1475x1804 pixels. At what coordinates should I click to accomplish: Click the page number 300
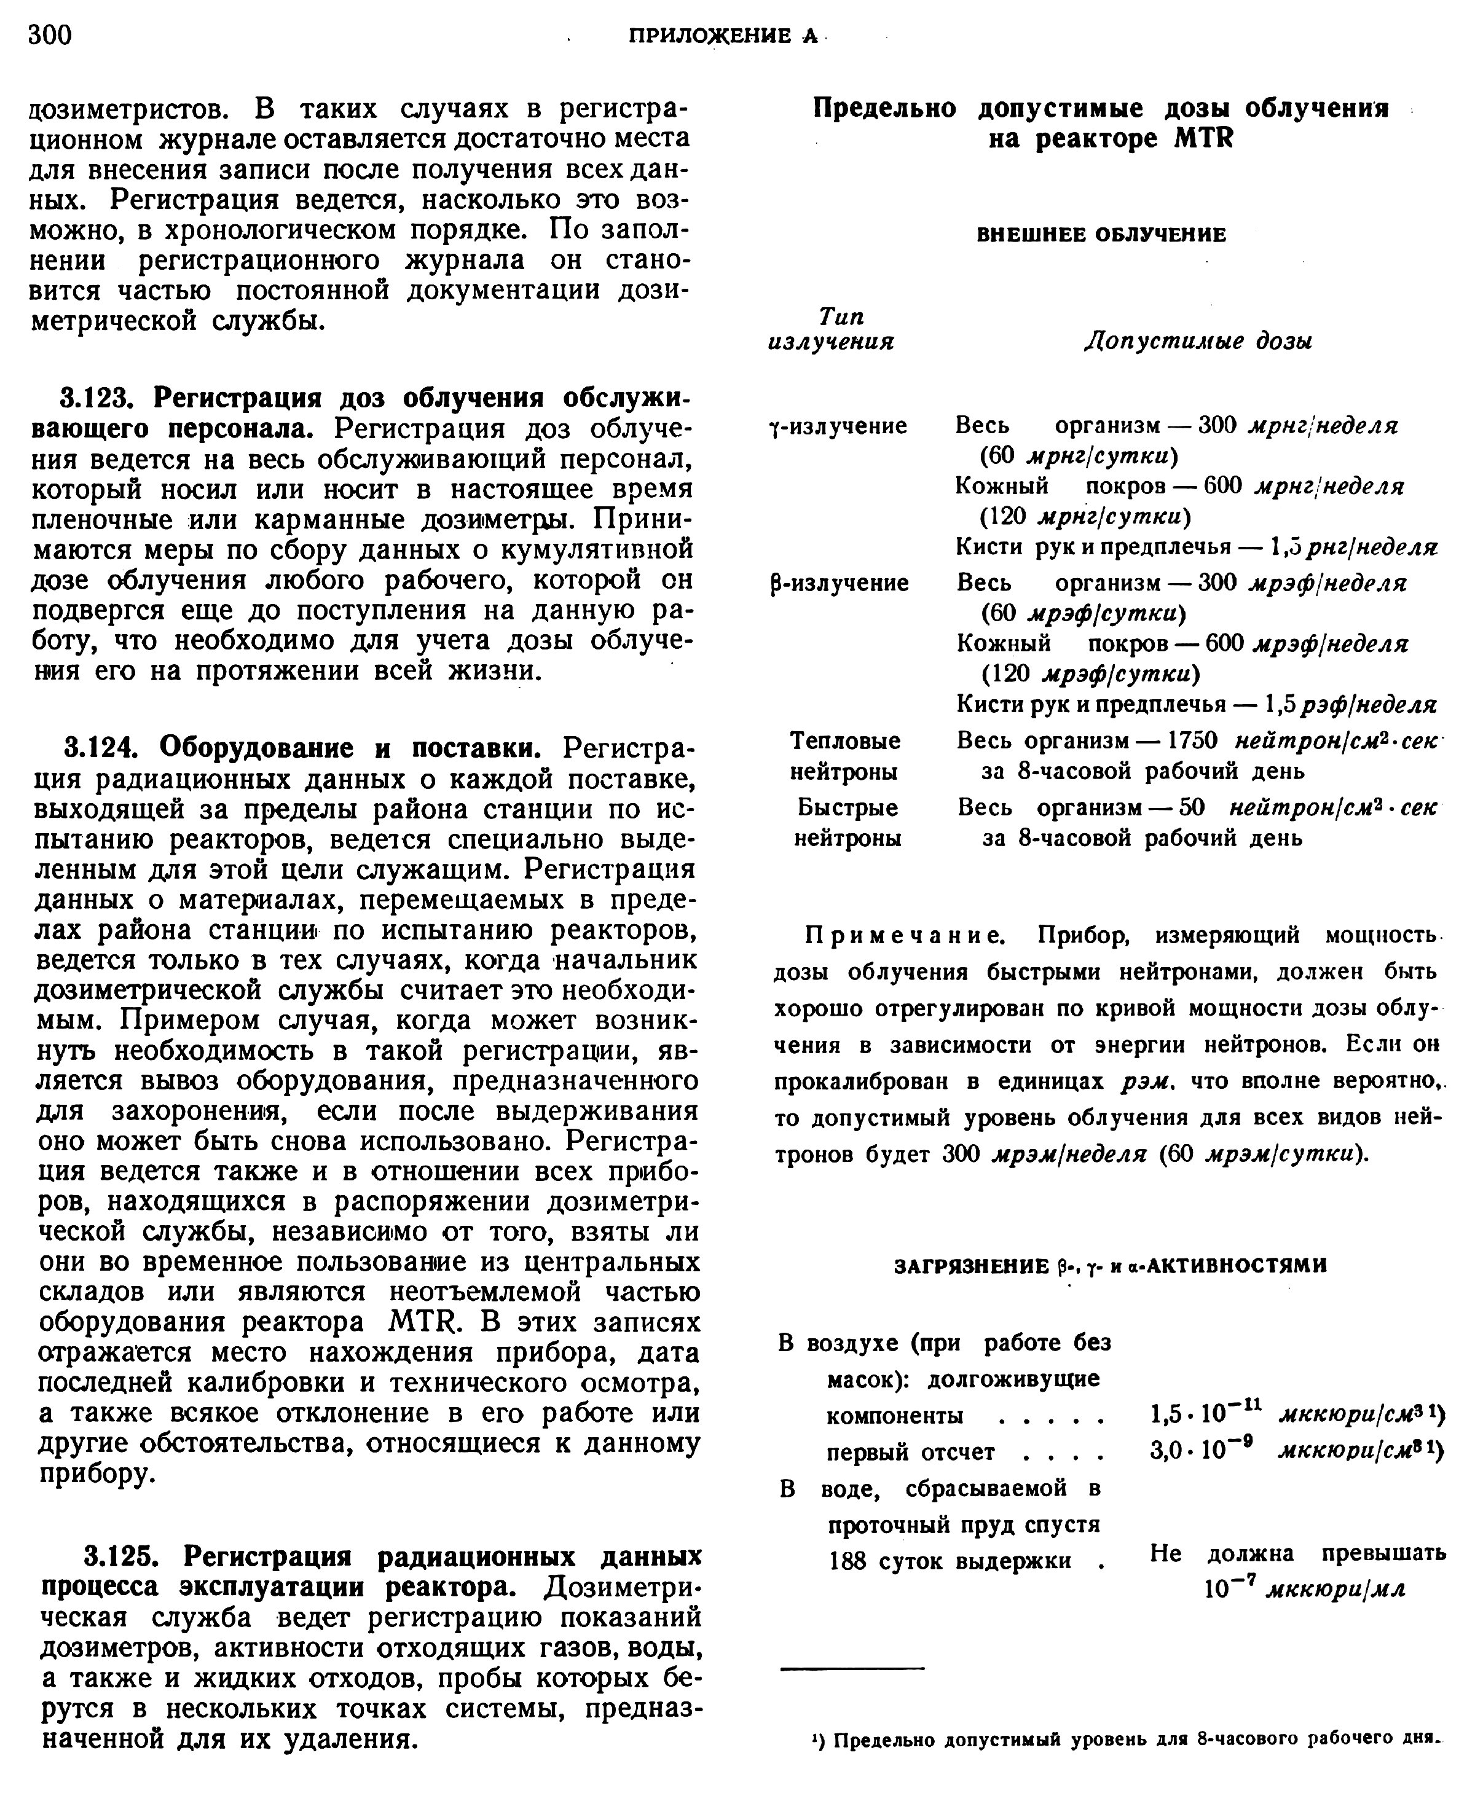[50, 35]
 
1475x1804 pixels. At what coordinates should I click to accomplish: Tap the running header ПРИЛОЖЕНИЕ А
[722, 36]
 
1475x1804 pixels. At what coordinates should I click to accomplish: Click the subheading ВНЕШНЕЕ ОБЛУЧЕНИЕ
[1101, 235]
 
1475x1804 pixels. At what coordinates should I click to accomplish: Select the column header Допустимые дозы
[1198, 342]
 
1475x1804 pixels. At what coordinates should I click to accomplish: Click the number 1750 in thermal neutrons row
[1193, 740]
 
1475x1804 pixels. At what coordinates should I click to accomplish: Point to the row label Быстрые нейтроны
[847, 822]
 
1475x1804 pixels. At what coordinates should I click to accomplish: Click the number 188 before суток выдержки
[849, 1561]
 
